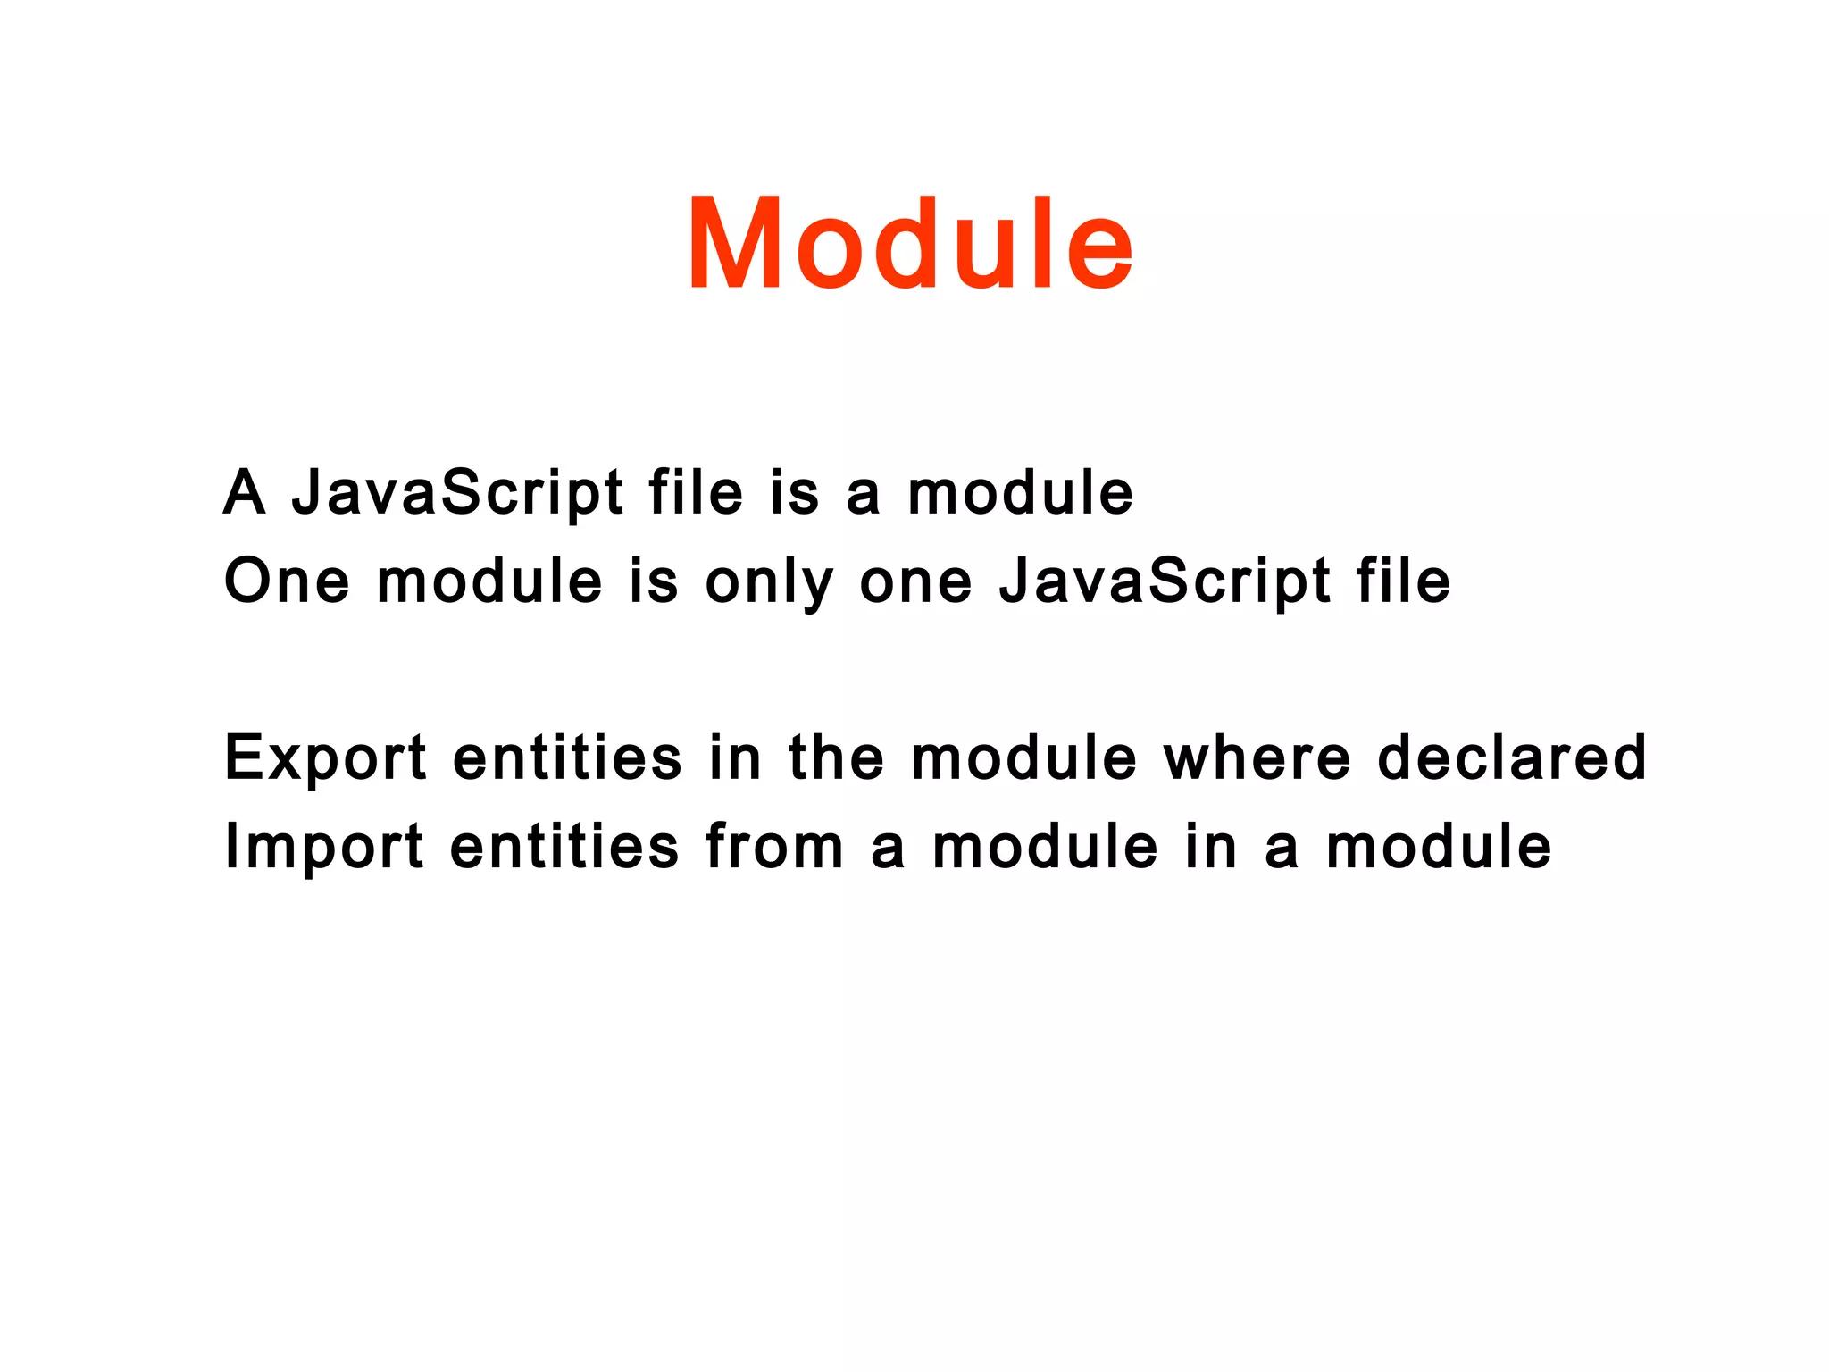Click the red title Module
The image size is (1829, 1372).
[910, 244]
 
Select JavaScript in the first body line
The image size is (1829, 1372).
[457, 494]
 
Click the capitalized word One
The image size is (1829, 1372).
[287, 581]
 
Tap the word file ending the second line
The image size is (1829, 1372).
[1403, 581]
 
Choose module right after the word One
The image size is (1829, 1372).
[489, 581]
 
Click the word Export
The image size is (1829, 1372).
[325, 758]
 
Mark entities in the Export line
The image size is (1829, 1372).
[567, 757]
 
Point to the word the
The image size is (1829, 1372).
[836, 757]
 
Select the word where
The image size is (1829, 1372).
[1257, 757]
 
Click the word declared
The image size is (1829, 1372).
[1511, 757]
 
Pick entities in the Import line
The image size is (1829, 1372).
[564, 846]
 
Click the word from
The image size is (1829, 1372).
[774, 846]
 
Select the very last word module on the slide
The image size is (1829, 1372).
[1439, 846]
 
